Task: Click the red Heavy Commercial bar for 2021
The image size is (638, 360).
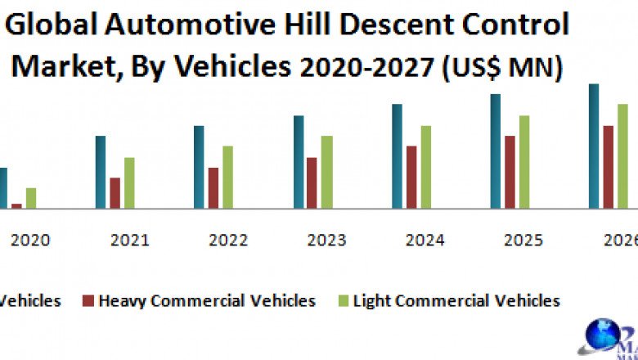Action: (115, 193)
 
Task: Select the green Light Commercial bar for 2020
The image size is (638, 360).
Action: (31, 198)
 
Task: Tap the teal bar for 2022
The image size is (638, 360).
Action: (199, 167)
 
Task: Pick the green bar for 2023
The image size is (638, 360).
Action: (327, 172)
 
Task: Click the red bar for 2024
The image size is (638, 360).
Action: (411, 177)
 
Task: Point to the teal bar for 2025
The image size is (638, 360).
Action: (495, 151)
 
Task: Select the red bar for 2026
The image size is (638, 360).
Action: (608, 167)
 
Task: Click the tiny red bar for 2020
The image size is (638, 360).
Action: (16, 205)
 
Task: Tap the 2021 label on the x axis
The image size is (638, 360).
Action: (129, 241)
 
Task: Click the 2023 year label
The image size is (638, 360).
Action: (326, 241)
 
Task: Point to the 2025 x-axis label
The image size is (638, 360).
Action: (523, 241)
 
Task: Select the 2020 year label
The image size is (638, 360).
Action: (30, 241)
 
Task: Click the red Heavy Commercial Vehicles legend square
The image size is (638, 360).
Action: (88, 301)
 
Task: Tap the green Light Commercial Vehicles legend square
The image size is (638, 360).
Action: (342, 301)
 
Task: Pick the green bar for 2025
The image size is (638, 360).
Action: (524, 162)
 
